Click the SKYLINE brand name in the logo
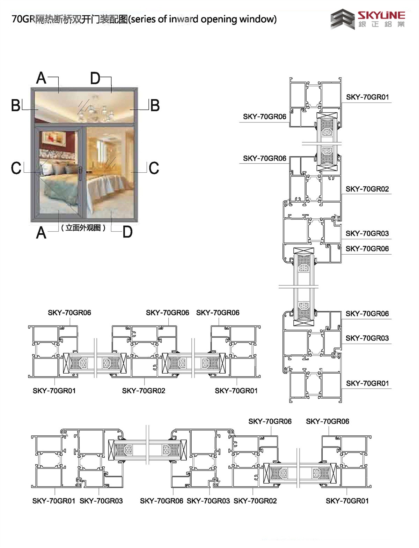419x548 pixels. (x=381, y=15)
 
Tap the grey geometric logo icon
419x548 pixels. (x=343, y=19)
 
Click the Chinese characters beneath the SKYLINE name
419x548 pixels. (x=381, y=24)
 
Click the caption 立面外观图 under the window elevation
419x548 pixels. (x=83, y=228)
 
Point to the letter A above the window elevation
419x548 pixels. (x=41, y=78)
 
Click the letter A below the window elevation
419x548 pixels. (x=41, y=232)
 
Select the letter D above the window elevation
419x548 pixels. (x=95, y=78)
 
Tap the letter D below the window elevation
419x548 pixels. (x=127, y=232)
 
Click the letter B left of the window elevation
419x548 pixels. (x=16, y=105)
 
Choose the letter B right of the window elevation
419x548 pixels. (x=155, y=105)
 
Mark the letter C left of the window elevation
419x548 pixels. (x=16, y=168)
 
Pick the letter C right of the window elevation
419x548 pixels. (x=154, y=168)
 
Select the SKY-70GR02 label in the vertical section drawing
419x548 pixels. (x=367, y=189)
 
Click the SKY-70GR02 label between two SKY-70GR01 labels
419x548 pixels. (x=144, y=391)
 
